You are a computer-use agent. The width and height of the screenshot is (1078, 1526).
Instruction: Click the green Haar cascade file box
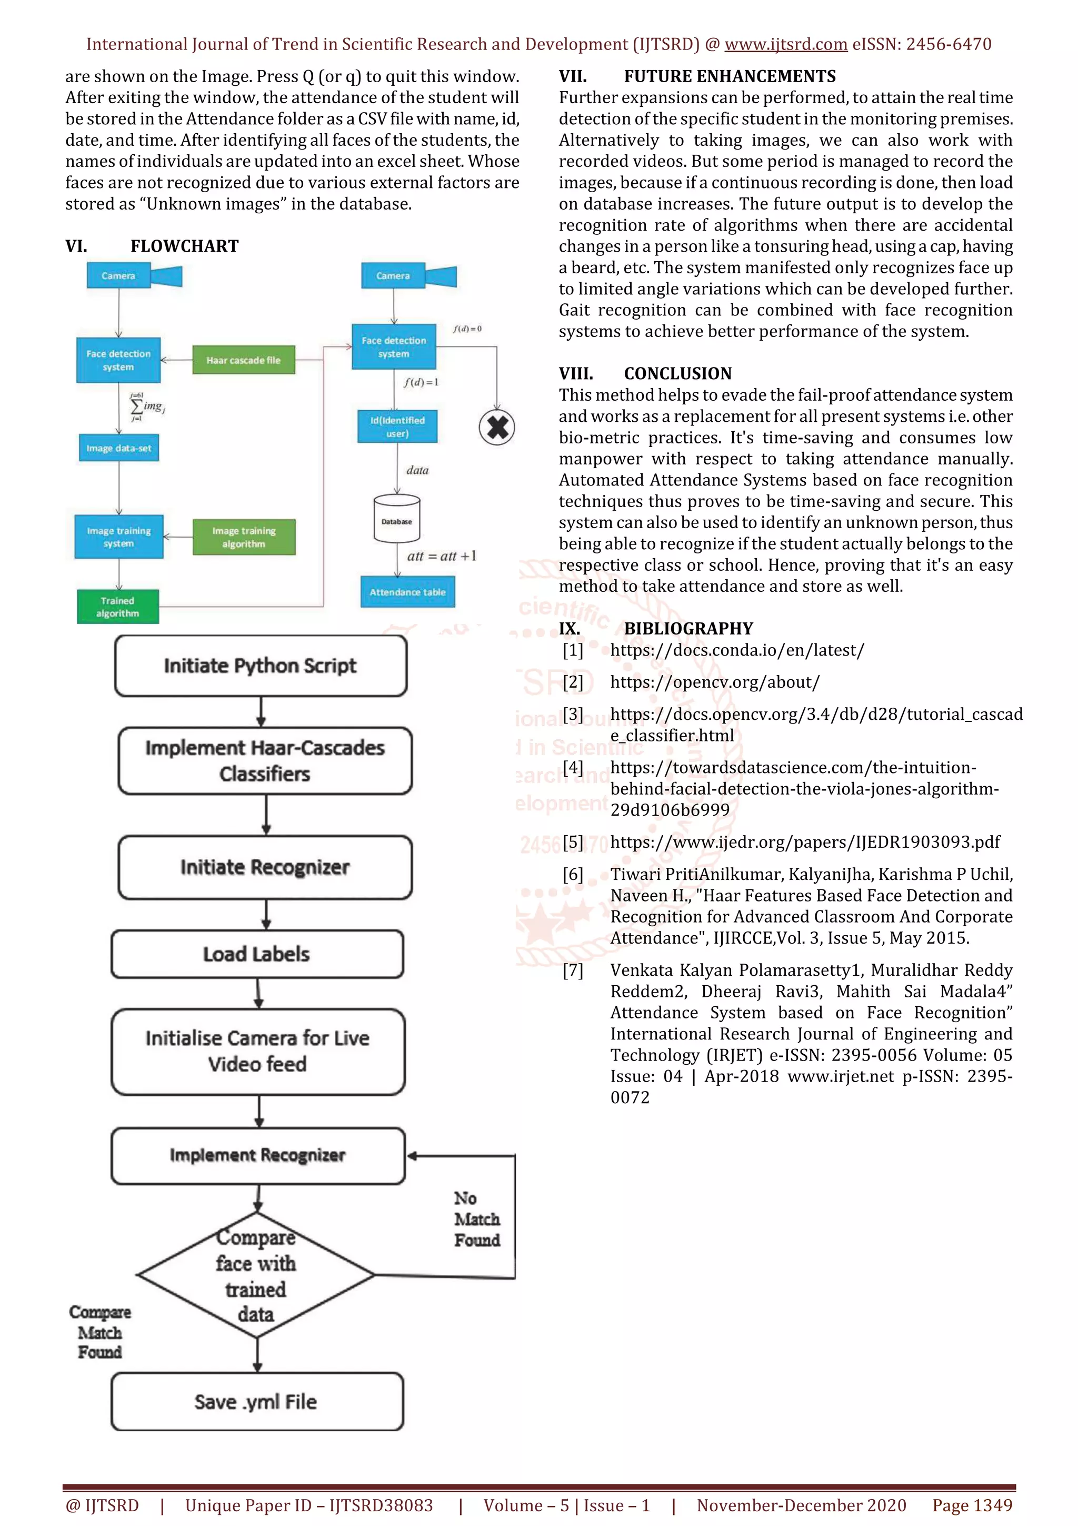[243, 360]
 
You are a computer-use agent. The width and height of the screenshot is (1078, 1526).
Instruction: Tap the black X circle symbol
[497, 428]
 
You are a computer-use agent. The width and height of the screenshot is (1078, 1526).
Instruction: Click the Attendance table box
[407, 591]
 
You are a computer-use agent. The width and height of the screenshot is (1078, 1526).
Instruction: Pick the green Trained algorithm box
[117, 607]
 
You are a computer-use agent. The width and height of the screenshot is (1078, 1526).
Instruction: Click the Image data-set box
[118, 448]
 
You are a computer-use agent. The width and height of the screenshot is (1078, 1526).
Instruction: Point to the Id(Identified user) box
[397, 427]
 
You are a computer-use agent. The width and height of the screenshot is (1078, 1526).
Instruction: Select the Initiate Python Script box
[261, 665]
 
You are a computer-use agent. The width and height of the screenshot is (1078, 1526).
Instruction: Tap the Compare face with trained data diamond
[256, 1275]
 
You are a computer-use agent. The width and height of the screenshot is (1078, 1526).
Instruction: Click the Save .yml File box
[256, 1402]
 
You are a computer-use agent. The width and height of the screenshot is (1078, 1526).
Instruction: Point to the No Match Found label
[476, 1219]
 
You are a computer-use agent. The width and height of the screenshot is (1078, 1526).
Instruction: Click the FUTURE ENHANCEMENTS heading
[730, 76]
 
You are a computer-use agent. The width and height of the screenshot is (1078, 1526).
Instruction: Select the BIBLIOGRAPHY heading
[688, 629]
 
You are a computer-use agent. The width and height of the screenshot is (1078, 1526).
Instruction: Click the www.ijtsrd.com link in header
[785, 45]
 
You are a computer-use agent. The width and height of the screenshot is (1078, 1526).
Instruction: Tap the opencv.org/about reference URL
[715, 682]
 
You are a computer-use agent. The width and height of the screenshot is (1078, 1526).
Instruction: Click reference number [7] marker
[573, 970]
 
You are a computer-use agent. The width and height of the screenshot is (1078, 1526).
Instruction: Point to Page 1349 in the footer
[972, 1505]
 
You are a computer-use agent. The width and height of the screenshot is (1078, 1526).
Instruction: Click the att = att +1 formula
[442, 556]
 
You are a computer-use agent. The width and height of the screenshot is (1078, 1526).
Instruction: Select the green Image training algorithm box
[244, 537]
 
